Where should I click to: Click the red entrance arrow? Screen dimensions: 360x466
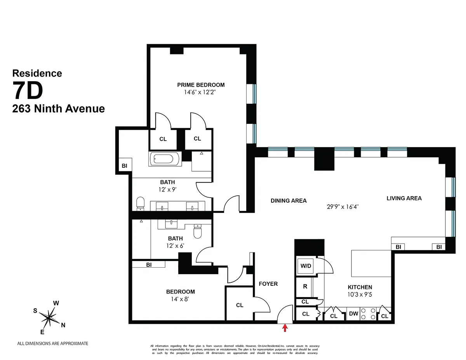[x=285, y=328]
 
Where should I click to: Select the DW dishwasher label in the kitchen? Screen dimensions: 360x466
[x=353, y=314]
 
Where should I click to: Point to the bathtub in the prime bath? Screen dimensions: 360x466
[x=165, y=159]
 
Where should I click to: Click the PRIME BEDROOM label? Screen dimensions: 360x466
[x=201, y=85]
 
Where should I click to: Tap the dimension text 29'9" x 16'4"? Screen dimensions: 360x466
[x=342, y=207]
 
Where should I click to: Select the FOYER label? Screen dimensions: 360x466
[x=268, y=284]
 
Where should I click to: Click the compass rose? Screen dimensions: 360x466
[x=49, y=317]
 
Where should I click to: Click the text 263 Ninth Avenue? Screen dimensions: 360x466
[x=59, y=109]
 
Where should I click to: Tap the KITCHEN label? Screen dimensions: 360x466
[x=360, y=287]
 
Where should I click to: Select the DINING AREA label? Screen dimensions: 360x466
[x=289, y=201]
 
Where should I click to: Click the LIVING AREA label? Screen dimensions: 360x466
[x=404, y=198]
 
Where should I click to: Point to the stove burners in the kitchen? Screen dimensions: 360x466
[x=368, y=314]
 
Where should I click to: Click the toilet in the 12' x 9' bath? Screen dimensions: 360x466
[x=141, y=203]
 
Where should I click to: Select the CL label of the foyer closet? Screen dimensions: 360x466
[x=240, y=305]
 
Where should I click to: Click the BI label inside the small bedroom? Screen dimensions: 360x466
[x=148, y=265]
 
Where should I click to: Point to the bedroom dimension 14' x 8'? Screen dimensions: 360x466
[x=181, y=299]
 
